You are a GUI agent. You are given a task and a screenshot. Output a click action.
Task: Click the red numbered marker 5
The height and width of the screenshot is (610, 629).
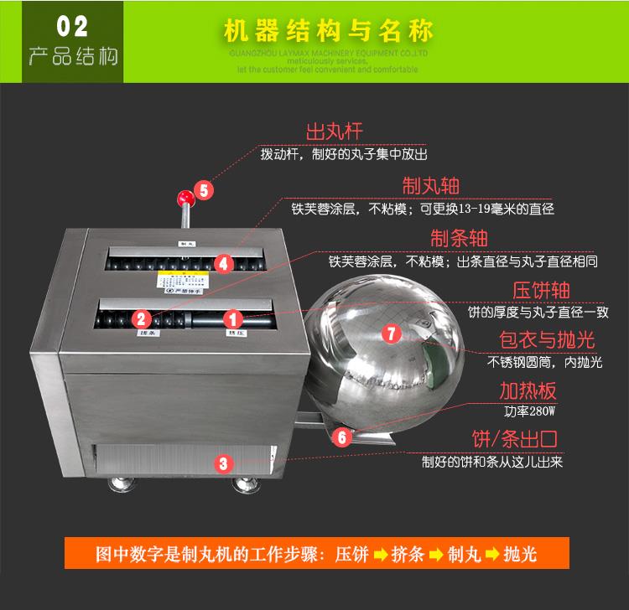[x=205, y=189]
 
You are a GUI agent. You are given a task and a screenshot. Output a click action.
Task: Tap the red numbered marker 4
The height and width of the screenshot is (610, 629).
[x=223, y=263]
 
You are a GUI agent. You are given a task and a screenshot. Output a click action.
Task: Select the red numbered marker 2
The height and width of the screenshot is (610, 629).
[x=142, y=318]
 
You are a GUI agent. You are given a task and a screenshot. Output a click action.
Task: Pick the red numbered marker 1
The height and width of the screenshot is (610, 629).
[x=234, y=318]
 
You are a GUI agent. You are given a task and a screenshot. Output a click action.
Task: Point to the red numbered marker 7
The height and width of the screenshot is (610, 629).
[x=392, y=333]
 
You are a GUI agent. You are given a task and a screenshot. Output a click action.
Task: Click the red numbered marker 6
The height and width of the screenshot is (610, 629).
[x=340, y=437]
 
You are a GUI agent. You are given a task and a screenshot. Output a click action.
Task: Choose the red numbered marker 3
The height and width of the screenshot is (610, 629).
[x=222, y=462]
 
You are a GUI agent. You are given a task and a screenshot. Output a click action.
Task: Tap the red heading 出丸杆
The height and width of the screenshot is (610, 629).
[x=335, y=132]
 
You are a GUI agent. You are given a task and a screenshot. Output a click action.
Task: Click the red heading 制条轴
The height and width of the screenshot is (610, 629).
[x=459, y=237]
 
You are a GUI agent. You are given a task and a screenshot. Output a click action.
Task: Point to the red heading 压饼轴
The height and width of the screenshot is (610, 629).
[x=541, y=290]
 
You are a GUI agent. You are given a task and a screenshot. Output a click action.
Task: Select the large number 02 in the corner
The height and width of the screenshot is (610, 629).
[x=72, y=26]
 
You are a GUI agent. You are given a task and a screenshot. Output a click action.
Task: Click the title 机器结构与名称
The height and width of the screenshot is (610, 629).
[x=328, y=32]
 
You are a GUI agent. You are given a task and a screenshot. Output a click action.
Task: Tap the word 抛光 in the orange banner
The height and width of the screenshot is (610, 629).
[x=520, y=554]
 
